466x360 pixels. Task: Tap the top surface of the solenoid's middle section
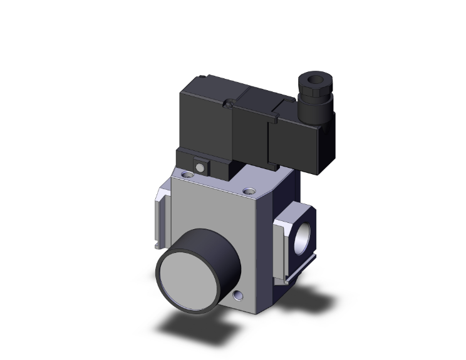pyautogui.click(x=257, y=94)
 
